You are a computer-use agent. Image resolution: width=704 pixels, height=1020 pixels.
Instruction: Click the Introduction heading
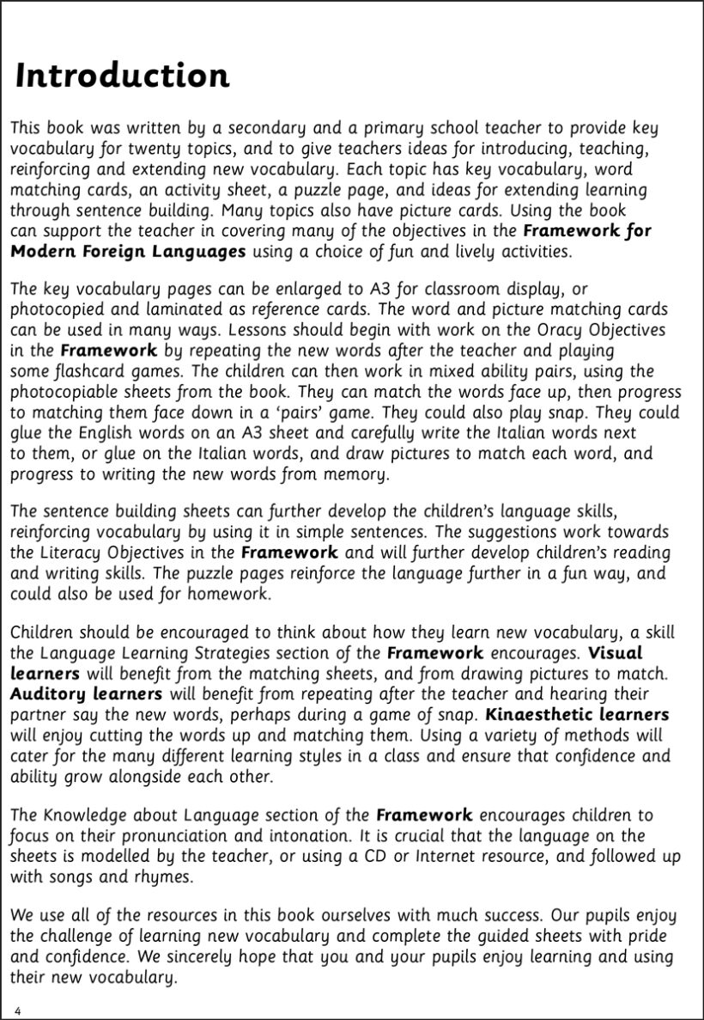point(123,76)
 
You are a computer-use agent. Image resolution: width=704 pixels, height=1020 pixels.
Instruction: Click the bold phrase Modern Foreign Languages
point(128,251)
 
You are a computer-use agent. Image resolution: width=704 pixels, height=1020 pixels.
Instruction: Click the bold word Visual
point(614,654)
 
